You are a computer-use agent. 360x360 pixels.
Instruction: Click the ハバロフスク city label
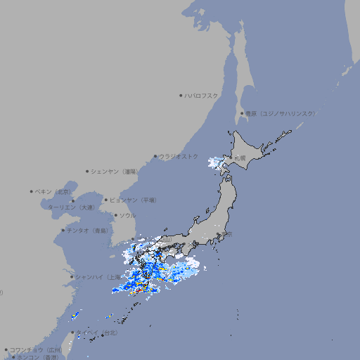click(x=202, y=96)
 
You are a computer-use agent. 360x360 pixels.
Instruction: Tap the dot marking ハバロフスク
click(x=181, y=96)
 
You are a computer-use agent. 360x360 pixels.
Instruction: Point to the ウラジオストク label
click(x=179, y=156)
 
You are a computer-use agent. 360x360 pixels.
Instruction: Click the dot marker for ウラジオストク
click(x=155, y=157)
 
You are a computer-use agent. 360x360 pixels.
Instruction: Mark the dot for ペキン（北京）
click(x=32, y=191)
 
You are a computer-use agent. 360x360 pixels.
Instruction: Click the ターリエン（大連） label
click(x=71, y=207)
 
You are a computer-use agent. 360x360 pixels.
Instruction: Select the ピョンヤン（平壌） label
click(x=134, y=200)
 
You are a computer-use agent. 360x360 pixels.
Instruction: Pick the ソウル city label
click(x=127, y=215)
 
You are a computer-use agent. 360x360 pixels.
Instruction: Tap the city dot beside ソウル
click(x=115, y=216)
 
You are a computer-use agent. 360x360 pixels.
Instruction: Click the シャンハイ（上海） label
click(x=98, y=277)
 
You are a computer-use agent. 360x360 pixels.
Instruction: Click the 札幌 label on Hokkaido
click(x=240, y=159)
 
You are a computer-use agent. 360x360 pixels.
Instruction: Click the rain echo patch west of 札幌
click(x=213, y=165)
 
